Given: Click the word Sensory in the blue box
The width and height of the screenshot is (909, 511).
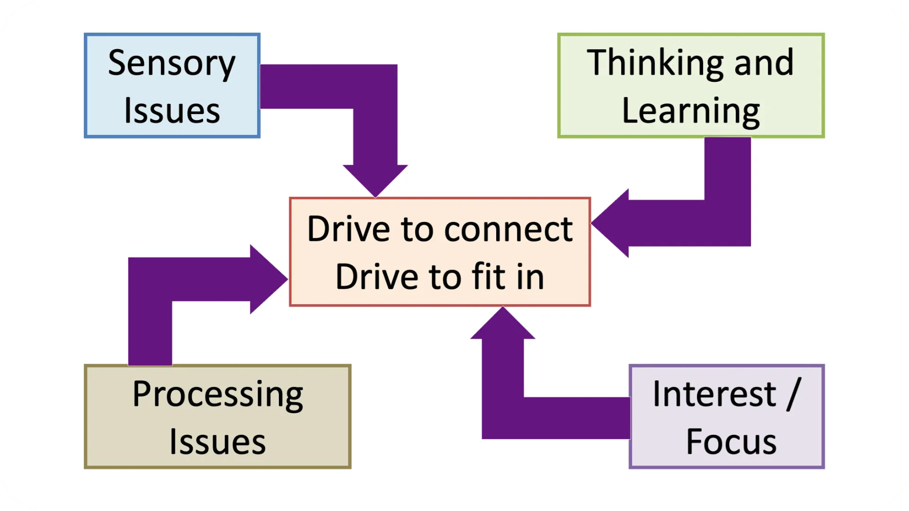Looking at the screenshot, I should [x=171, y=64].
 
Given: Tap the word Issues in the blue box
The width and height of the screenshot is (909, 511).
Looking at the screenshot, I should [x=172, y=112].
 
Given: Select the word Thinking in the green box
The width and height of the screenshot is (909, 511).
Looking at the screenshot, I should [x=655, y=63].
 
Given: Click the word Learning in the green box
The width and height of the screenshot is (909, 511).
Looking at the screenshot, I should [x=691, y=112].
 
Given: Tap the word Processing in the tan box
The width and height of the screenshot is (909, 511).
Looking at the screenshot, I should [x=217, y=395].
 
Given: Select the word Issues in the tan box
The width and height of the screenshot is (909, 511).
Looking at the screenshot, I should [x=217, y=442].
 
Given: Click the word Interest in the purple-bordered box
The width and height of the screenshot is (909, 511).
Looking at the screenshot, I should [x=714, y=394].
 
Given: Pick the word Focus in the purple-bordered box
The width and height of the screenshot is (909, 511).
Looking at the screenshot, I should [x=731, y=442].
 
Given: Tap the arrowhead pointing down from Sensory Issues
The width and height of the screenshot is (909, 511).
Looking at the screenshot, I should [x=375, y=180].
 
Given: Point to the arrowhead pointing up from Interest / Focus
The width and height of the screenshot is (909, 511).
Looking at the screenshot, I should [x=503, y=324].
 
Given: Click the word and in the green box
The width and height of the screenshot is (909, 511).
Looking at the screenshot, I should [x=764, y=63].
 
